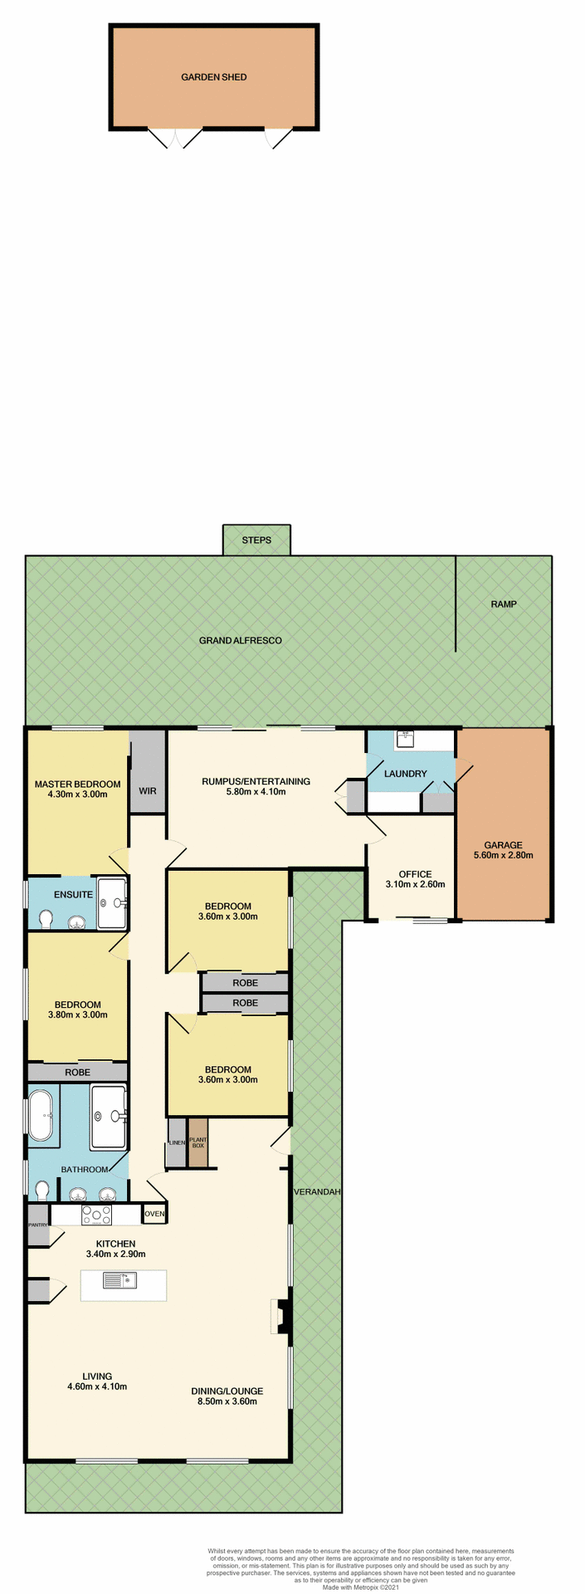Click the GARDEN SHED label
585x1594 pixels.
[214, 77]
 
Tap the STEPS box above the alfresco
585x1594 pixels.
[256, 540]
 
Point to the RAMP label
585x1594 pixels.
[503, 604]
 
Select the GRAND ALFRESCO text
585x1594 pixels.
[240, 641]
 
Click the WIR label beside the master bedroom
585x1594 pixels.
[148, 791]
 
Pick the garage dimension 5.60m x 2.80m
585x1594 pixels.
[503, 855]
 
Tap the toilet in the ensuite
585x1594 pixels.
[46, 918]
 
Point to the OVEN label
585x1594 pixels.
[155, 1214]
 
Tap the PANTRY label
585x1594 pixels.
[37, 1225]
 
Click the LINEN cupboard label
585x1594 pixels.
[176, 1143]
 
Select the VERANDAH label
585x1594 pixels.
[317, 1192]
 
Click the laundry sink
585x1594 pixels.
[404, 736]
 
